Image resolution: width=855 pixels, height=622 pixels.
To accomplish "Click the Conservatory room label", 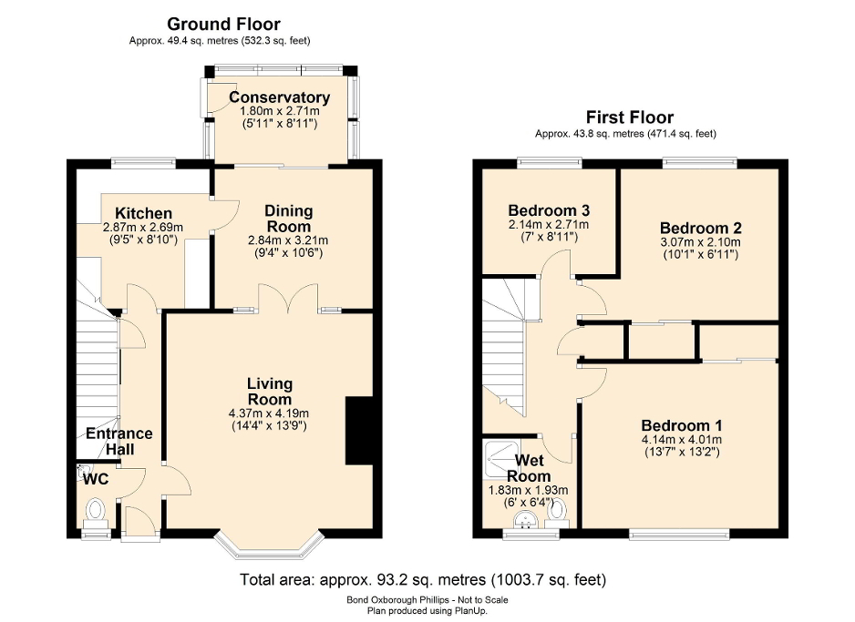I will [279, 97].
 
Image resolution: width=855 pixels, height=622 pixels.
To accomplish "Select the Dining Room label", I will [288, 218].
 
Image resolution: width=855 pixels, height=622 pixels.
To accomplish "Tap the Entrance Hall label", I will [119, 442].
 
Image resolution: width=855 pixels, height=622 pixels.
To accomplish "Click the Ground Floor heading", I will [223, 25].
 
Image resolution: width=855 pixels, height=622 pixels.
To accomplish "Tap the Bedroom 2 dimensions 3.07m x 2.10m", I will [700, 243].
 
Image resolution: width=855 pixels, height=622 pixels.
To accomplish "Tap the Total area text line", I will [422, 579].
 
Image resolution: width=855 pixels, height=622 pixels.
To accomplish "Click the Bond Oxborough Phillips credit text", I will [427, 600].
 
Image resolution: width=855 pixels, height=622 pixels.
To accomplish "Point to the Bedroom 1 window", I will [679, 535].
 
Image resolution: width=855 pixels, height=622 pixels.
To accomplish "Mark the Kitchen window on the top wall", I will [143, 163].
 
